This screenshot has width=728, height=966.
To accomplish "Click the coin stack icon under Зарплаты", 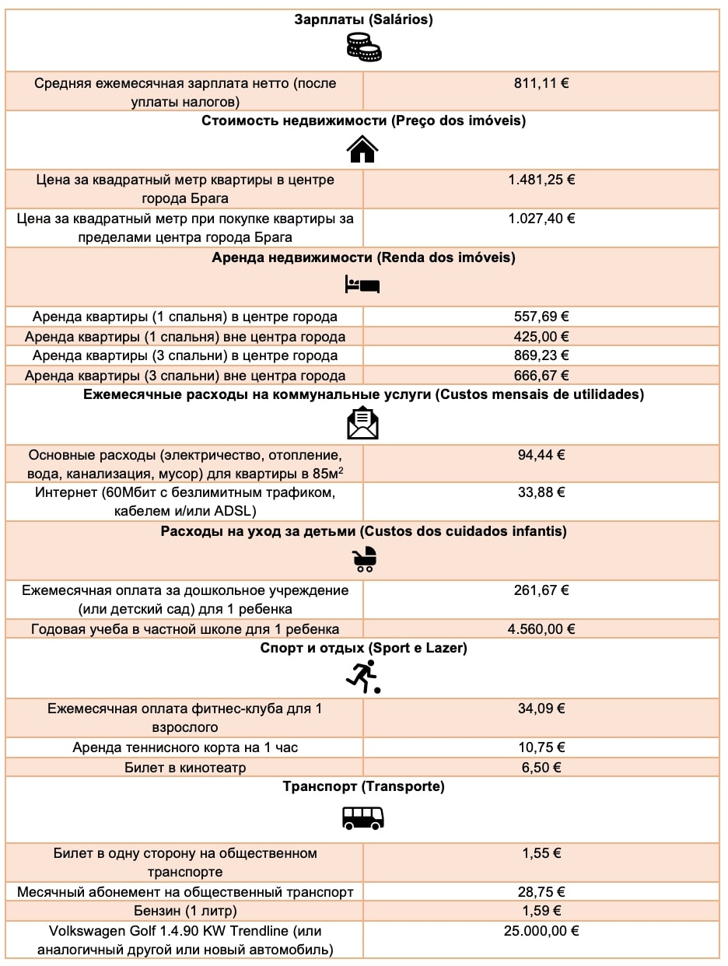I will [x=363, y=48].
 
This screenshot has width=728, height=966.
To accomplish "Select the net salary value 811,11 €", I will [x=541, y=82].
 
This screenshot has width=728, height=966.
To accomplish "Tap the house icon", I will [x=362, y=148].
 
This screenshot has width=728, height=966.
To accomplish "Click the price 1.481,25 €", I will [x=541, y=180].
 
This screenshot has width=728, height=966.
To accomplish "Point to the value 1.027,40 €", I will [x=541, y=219].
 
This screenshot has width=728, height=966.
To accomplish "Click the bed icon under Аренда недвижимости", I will [x=362, y=285].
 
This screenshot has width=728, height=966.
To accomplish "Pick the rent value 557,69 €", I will [x=541, y=317].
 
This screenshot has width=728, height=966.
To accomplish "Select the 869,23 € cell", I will [x=541, y=355].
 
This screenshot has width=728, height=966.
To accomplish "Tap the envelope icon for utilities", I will [x=362, y=423].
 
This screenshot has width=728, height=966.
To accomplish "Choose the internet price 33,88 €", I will [x=541, y=492].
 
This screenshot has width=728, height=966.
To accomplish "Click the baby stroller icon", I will [x=363, y=558].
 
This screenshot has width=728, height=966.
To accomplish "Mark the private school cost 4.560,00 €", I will [x=541, y=629].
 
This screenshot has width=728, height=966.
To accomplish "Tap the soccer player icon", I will [x=362, y=677].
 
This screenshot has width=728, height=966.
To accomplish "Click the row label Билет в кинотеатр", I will [x=185, y=768].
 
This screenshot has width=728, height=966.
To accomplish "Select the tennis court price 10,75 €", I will [x=541, y=747].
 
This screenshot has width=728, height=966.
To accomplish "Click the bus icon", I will [x=363, y=817].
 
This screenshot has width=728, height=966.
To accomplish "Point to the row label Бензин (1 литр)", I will [x=185, y=911].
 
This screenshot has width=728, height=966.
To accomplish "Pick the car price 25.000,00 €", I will [x=541, y=930].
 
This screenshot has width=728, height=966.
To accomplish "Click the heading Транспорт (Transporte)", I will [x=363, y=787].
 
